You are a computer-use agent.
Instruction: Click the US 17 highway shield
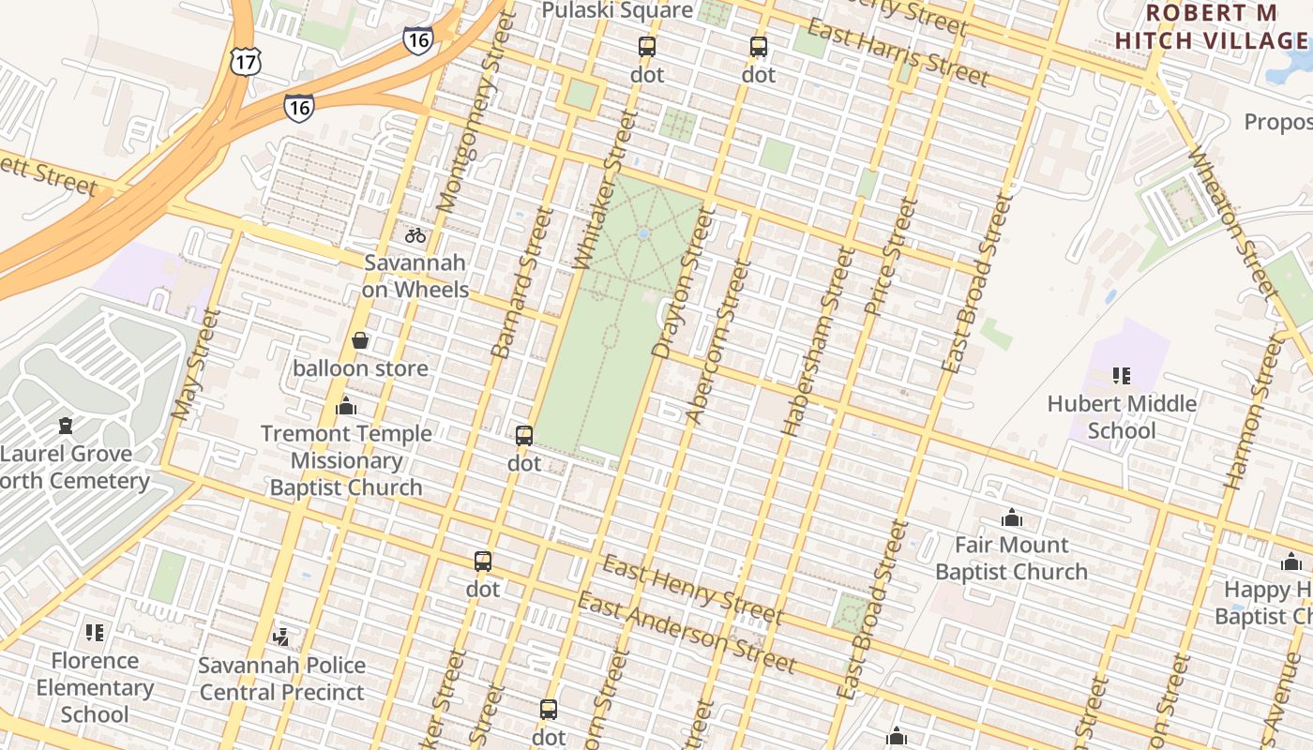click(x=244, y=62)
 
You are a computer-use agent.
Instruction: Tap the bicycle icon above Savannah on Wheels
click(x=415, y=234)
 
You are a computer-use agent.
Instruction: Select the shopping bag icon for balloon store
click(x=359, y=340)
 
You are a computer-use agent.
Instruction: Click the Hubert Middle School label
click(x=1122, y=417)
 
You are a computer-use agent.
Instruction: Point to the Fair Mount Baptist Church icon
click(x=1011, y=517)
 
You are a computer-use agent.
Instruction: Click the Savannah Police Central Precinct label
click(x=282, y=679)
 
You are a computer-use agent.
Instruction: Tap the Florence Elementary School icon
click(x=94, y=633)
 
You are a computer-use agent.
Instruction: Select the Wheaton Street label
click(x=1232, y=221)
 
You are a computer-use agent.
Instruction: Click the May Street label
click(x=195, y=364)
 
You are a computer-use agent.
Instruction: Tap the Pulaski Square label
click(x=618, y=10)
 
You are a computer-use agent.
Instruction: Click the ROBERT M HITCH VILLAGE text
click(x=1211, y=27)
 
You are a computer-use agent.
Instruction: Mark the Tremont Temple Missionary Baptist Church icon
click(x=346, y=406)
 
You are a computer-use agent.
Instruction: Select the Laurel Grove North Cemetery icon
click(x=65, y=427)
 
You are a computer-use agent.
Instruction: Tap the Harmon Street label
click(x=1251, y=412)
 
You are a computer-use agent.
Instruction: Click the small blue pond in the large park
click(x=643, y=233)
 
